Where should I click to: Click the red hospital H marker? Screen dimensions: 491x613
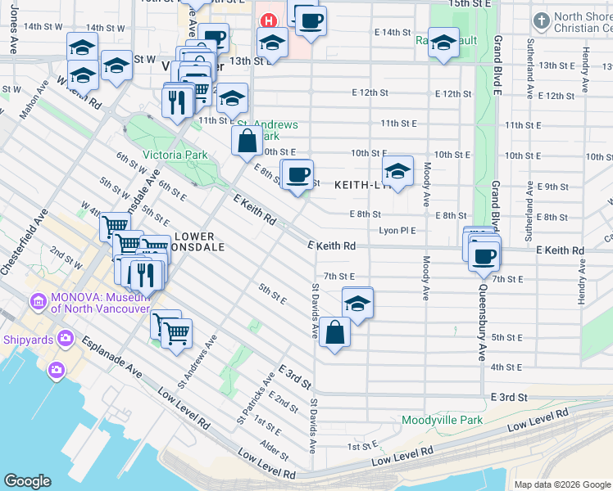266,20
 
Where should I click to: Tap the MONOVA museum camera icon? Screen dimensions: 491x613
38,303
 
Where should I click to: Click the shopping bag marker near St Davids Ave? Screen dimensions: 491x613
335,332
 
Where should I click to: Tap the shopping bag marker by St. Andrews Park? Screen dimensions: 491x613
247,141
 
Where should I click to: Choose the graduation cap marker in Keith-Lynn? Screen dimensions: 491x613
397,171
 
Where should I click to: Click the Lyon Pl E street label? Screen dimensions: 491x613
397,231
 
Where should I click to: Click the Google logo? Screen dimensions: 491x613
27,481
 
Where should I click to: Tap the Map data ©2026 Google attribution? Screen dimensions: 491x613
562,484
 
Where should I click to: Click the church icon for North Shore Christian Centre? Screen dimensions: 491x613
540,20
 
